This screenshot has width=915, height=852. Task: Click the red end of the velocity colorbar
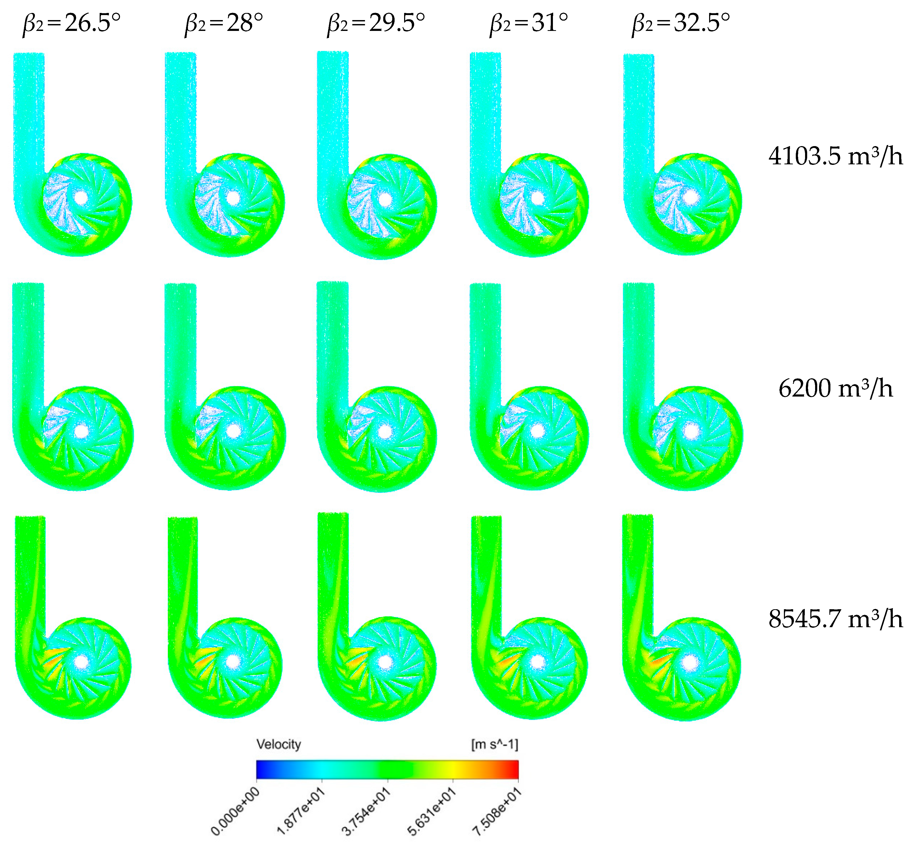(515, 770)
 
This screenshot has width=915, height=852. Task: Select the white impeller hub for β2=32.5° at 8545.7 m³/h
(690, 663)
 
